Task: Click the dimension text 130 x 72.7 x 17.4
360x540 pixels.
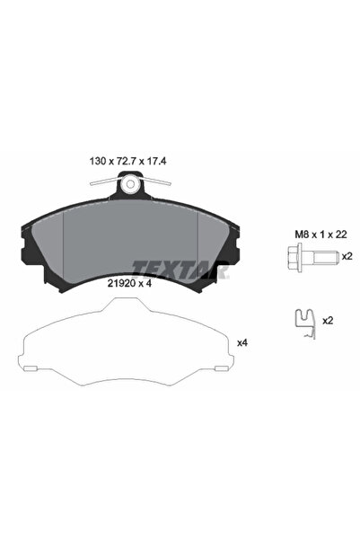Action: (x=127, y=161)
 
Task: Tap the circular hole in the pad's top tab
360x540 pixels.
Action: (x=130, y=184)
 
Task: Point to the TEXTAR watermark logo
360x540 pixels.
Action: (x=180, y=270)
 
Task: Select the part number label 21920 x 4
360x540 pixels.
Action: (x=129, y=283)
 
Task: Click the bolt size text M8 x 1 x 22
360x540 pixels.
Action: (x=320, y=235)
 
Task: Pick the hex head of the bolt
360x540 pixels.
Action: (x=295, y=256)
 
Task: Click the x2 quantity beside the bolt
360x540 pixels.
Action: (x=347, y=256)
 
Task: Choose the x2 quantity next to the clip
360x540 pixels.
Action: (x=328, y=321)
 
